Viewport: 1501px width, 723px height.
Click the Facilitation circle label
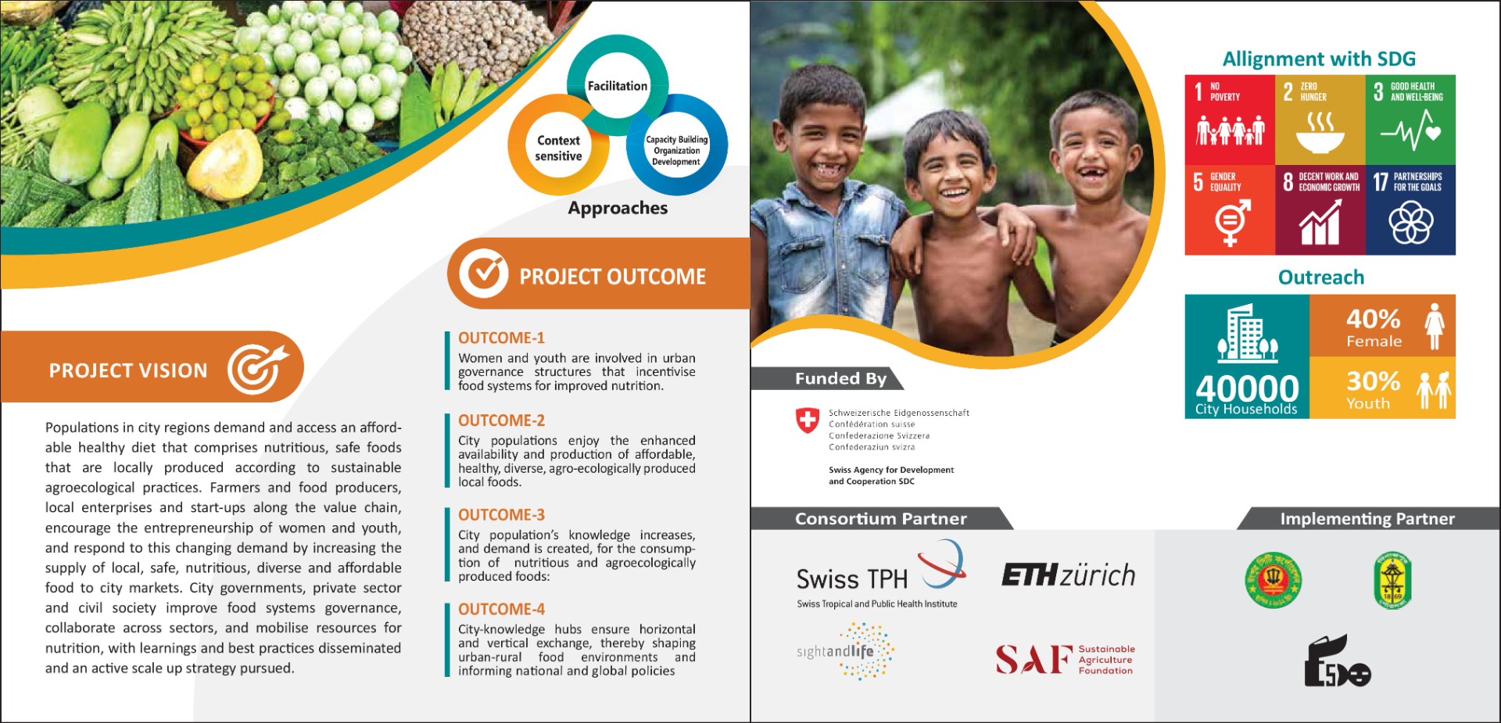tap(618, 86)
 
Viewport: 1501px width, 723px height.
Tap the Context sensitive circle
tap(558, 148)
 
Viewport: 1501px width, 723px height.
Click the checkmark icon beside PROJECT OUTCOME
tap(483, 274)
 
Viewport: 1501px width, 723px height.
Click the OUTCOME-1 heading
tap(501, 338)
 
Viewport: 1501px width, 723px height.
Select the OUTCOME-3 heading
tap(501, 514)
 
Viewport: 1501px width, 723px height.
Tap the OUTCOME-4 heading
tap(501, 609)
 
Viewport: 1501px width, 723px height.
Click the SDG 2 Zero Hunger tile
tap(1320, 120)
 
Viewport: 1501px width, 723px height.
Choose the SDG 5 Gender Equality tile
tap(1230, 209)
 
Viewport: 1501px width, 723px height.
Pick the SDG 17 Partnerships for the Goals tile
tap(1410, 209)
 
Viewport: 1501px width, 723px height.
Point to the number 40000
tap(1247, 388)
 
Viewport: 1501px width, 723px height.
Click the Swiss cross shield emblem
tap(807, 421)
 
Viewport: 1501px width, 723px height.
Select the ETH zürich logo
tap(1069, 575)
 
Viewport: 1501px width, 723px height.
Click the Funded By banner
tap(827, 378)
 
